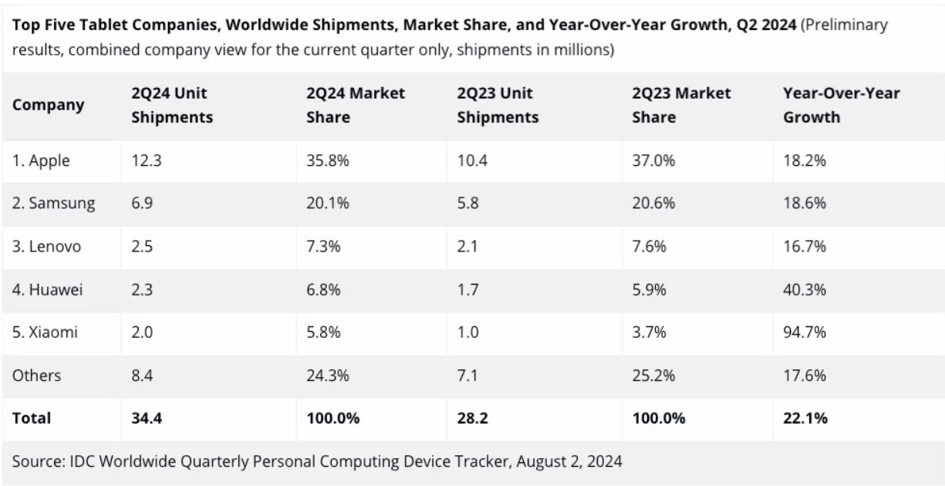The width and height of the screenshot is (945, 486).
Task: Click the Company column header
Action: (x=48, y=105)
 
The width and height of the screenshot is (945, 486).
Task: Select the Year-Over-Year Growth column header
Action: (x=841, y=105)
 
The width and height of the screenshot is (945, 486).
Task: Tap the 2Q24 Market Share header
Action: (x=355, y=105)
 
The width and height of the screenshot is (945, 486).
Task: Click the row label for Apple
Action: (x=41, y=160)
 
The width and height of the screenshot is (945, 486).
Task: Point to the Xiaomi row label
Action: (x=45, y=332)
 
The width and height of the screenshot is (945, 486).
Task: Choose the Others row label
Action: (x=36, y=376)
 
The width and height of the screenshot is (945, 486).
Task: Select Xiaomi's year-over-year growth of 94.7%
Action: (x=805, y=332)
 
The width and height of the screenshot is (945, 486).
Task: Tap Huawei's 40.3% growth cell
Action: (x=805, y=290)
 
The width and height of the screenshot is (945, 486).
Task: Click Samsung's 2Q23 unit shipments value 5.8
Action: (x=468, y=204)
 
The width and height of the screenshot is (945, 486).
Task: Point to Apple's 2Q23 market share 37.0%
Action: (x=653, y=160)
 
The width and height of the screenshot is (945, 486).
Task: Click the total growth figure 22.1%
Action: (x=805, y=418)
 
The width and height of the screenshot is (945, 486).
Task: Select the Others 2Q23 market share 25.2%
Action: (x=653, y=376)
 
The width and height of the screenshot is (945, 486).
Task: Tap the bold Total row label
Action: (x=32, y=418)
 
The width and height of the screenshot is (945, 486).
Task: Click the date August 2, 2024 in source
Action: (x=569, y=462)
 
